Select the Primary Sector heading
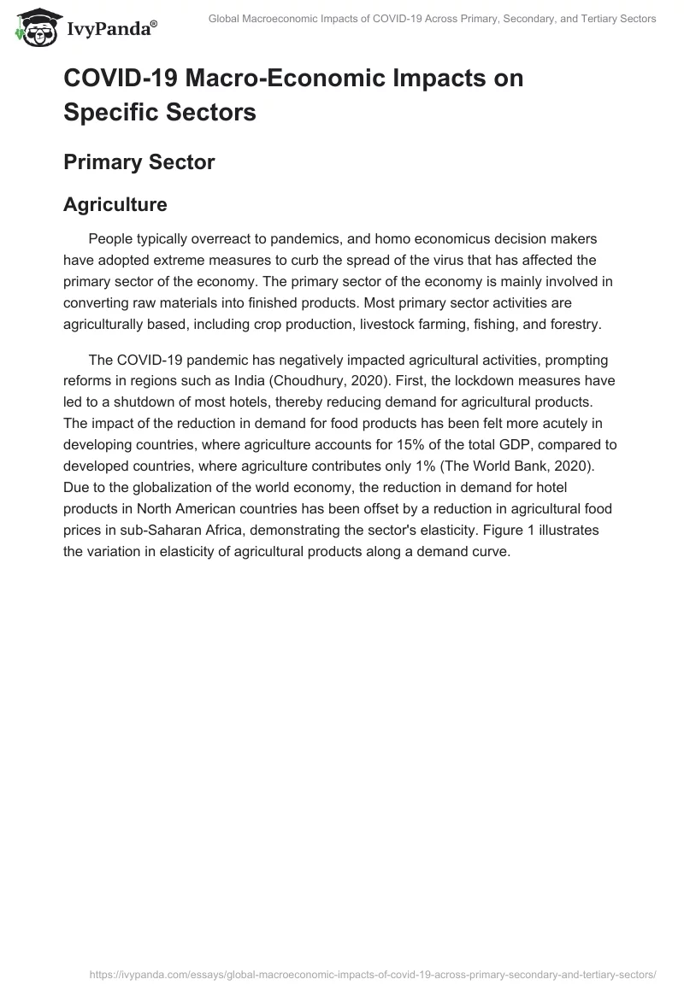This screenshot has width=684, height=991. [139, 161]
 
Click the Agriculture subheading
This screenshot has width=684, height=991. [115, 204]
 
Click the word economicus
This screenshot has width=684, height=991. [453, 237]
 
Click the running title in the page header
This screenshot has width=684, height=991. [432, 19]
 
